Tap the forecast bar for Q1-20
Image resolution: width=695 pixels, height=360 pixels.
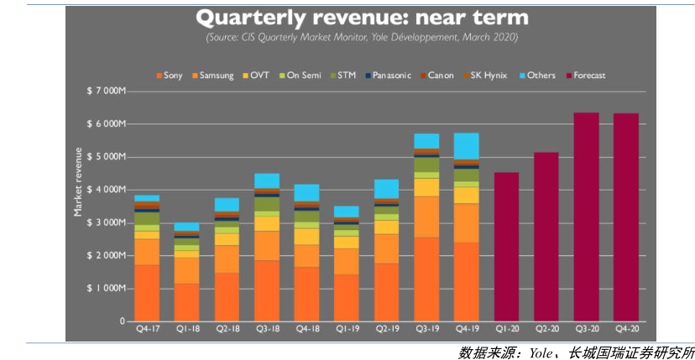pyautogui.click(x=506, y=247)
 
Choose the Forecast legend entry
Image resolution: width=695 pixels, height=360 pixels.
pyautogui.click(x=587, y=76)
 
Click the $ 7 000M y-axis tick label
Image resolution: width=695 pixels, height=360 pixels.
pyautogui.click(x=106, y=91)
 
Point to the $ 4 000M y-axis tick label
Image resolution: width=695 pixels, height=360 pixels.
pyautogui.click(x=106, y=190)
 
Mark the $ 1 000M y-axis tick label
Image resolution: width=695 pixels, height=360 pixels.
pyautogui.click(x=106, y=288)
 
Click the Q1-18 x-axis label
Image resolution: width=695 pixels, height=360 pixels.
pyautogui.click(x=186, y=330)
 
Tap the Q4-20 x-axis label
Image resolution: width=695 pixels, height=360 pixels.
pyautogui.click(x=625, y=330)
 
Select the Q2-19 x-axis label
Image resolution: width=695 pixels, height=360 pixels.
pyautogui.click(x=386, y=330)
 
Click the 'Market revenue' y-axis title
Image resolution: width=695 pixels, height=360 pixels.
pyautogui.click(x=78, y=181)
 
